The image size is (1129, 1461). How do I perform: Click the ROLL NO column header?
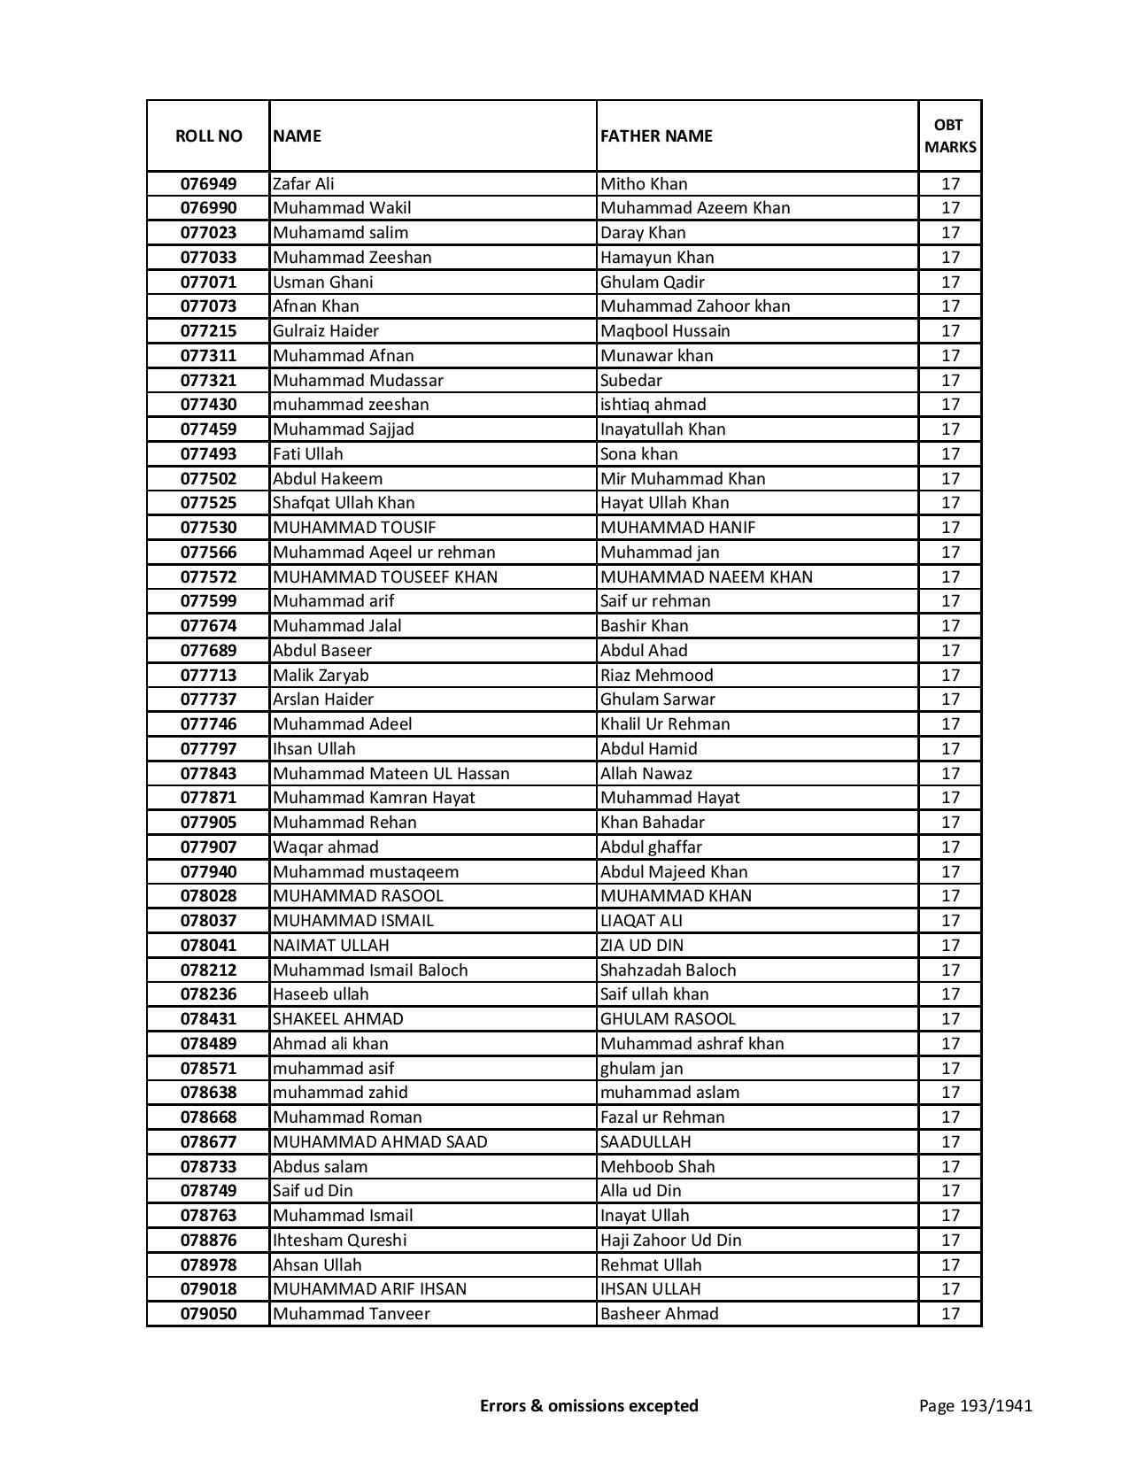click(x=208, y=135)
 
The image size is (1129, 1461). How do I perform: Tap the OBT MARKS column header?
click(x=950, y=135)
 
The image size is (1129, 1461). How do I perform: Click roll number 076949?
click(x=208, y=184)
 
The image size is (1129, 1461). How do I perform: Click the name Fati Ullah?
click(x=308, y=454)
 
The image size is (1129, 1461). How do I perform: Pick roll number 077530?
click(x=208, y=528)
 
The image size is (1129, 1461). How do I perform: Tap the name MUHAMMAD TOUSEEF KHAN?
click(x=385, y=577)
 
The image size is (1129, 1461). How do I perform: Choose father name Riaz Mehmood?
click(x=656, y=676)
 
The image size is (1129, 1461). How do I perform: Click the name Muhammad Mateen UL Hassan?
click(x=391, y=774)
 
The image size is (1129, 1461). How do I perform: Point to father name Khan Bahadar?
click(x=653, y=823)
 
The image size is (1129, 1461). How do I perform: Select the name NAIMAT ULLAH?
click(x=331, y=946)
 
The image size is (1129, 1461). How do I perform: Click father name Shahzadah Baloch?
click(x=668, y=970)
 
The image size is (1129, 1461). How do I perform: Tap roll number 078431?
click(x=208, y=1019)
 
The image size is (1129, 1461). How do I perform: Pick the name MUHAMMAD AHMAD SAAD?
click(x=380, y=1142)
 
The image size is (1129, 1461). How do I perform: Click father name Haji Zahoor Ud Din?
click(x=671, y=1241)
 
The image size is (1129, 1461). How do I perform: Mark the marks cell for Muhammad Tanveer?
click(x=950, y=1314)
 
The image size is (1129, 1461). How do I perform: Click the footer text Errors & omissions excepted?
click(x=589, y=1405)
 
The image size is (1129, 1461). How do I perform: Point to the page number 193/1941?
click(x=976, y=1405)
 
